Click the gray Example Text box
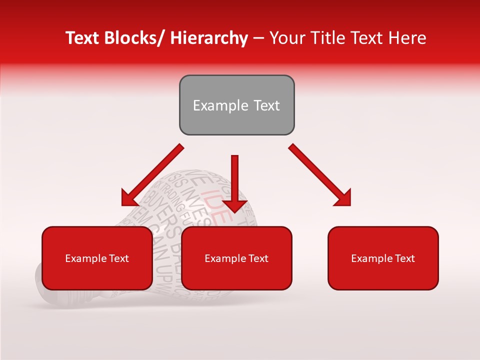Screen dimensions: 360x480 (236, 105)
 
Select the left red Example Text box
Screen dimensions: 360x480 (97, 258)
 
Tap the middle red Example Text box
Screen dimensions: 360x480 (236, 258)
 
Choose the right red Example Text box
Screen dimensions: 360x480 (383, 258)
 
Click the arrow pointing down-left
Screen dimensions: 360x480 (152, 175)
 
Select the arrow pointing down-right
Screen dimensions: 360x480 (320, 175)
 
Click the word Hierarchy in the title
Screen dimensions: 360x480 (209, 38)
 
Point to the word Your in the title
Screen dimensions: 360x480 (285, 38)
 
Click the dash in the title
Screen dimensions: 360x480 (258, 38)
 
